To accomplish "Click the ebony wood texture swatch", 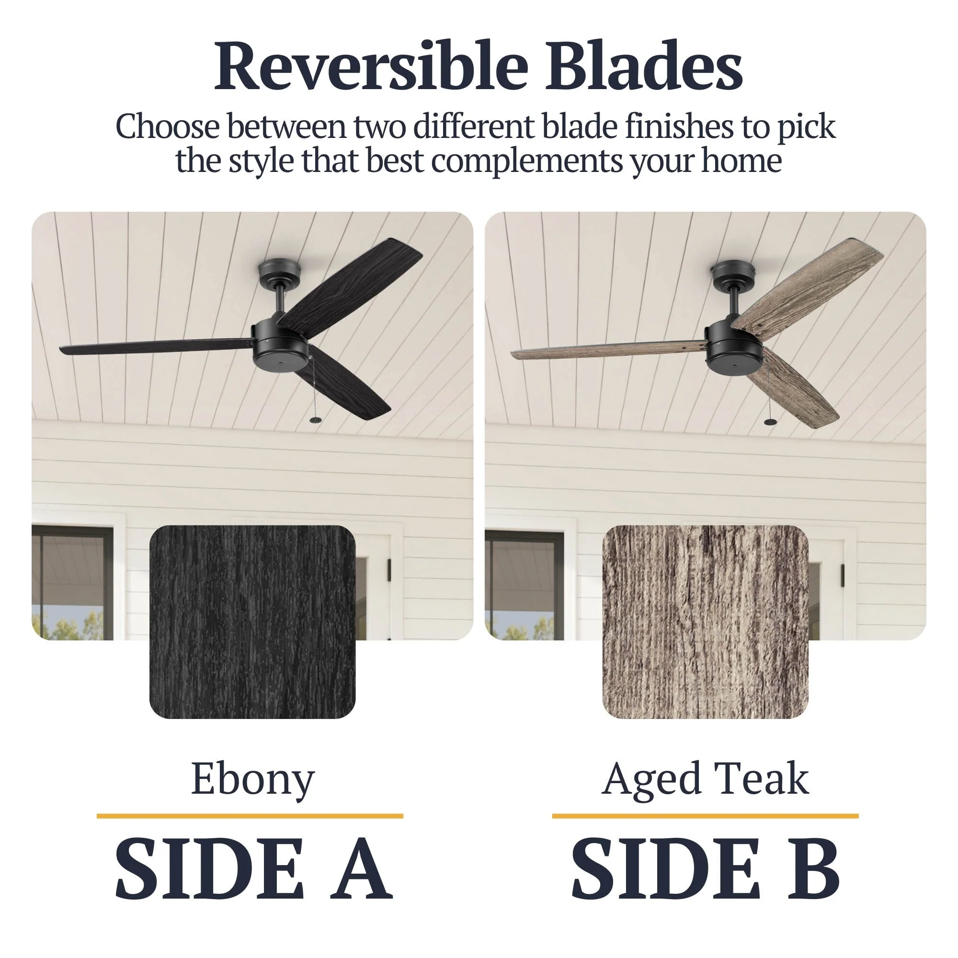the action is coord(252,622).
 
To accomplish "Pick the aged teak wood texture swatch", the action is coord(705,622).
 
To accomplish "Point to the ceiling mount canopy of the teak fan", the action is coord(733,273).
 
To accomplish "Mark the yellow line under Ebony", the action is coord(250,816).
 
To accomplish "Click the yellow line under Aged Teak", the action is coord(705,816).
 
